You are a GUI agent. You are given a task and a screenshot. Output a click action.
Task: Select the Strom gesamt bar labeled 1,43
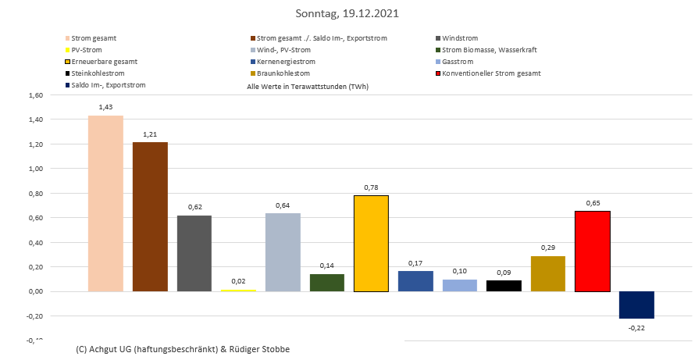click(x=105, y=203)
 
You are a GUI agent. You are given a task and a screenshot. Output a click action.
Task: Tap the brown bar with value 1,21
click(x=150, y=216)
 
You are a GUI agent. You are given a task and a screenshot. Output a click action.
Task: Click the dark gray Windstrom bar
click(x=194, y=253)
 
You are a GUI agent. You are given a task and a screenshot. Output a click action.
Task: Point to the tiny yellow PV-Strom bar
click(x=238, y=290)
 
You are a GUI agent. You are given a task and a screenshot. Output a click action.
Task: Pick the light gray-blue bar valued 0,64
click(x=283, y=251)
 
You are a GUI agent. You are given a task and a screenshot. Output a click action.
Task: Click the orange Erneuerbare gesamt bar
click(x=371, y=243)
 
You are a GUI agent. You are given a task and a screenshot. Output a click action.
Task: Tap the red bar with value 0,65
click(x=592, y=251)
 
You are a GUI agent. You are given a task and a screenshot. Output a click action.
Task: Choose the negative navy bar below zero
click(x=636, y=305)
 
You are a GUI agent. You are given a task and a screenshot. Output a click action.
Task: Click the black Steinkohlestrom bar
click(x=504, y=286)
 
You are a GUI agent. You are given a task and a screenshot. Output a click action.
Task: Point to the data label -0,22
click(x=636, y=327)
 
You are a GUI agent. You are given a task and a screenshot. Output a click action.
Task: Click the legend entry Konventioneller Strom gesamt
click(x=490, y=73)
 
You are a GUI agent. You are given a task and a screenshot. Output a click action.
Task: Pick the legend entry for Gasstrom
click(x=458, y=61)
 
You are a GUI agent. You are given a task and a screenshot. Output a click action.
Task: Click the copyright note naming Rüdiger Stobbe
click(x=183, y=348)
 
